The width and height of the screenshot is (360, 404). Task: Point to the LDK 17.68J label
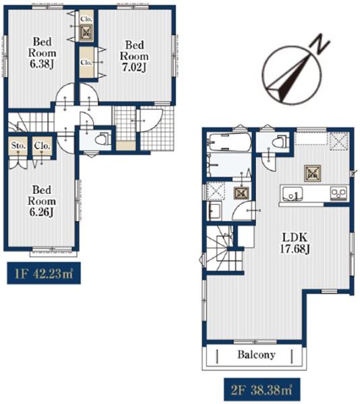(x=295, y=242)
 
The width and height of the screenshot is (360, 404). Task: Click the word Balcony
(x=256, y=355)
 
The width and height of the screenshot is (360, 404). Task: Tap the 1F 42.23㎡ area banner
(x=44, y=273)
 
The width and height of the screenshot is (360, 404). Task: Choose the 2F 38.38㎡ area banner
(x=262, y=390)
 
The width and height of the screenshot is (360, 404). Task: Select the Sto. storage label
(x=18, y=146)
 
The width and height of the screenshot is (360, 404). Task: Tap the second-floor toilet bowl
(x=280, y=141)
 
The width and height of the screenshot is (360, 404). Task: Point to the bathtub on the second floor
(x=230, y=143)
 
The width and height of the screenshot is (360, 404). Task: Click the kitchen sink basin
(x=293, y=193)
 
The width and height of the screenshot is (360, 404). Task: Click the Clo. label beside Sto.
(x=42, y=146)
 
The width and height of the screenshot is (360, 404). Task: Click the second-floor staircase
(x=223, y=248)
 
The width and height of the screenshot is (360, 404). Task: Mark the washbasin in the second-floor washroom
(x=214, y=211)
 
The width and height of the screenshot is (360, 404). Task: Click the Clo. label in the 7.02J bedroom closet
(x=86, y=63)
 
